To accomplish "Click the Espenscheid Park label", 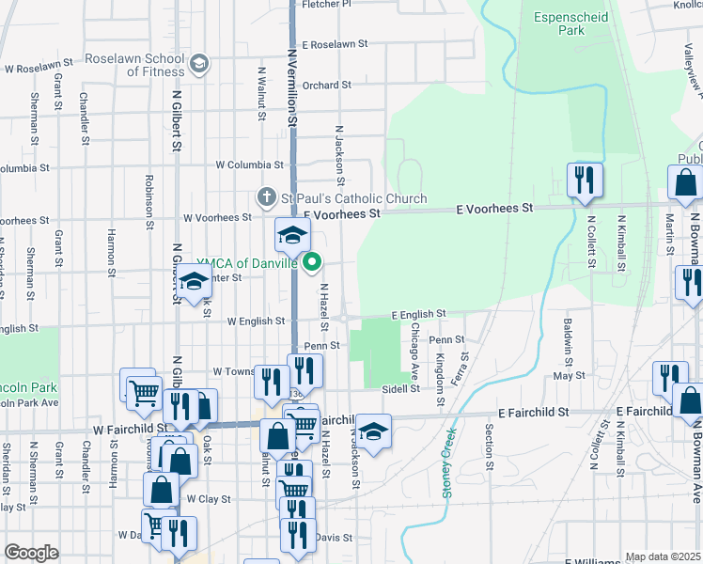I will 572,23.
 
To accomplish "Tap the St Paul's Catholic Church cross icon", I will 267,197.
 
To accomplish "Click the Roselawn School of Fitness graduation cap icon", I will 197,64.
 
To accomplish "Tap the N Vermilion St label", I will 291,89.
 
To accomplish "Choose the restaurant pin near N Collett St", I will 585,180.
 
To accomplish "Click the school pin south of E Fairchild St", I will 373,431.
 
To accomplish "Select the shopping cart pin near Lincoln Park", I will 143,391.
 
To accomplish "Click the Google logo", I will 31,553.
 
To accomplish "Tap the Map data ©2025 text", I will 663,556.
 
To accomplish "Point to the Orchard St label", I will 327,85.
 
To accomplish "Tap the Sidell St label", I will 399,388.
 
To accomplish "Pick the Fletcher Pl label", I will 326,4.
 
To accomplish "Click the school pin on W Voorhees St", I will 292,235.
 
